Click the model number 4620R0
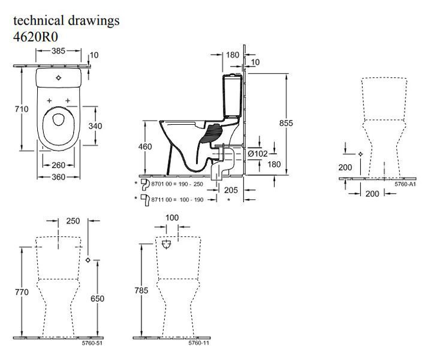[x=35, y=37]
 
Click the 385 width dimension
[x=58, y=51]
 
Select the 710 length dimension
[x=22, y=109]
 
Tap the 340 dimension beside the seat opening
[x=95, y=126]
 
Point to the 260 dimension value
[x=58, y=165]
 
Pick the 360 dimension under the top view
[x=58, y=177]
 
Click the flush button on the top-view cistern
[x=58, y=78]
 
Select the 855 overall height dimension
[x=286, y=123]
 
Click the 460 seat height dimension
[x=145, y=146]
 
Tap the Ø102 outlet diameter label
[x=257, y=153]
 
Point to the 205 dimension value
[x=231, y=190]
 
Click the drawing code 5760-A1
[x=405, y=184]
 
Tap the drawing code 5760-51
[x=92, y=343]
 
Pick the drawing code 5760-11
[x=199, y=343]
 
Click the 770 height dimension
[x=22, y=292]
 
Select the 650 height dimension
[x=98, y=299]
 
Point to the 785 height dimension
[x=141, y=290]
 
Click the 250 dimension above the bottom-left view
[x=73, y=221]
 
